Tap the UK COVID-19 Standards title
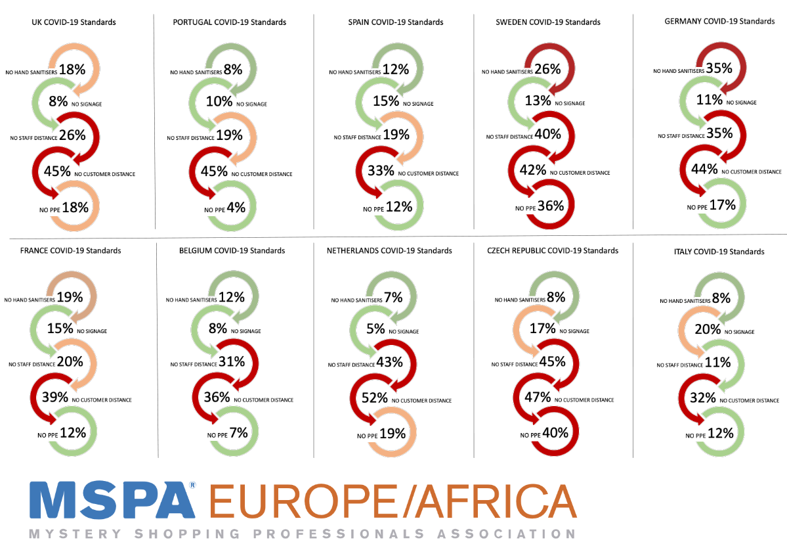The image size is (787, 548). [x=74, y=22]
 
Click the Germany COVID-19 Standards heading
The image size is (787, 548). [x=719, y=22]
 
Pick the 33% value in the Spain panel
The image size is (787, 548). [x=381, y=171]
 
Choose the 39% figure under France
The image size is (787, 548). [x=55, y=398]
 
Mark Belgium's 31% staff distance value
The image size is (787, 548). [x=232, y=361]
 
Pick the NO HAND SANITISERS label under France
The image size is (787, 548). [x=28, y=300]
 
